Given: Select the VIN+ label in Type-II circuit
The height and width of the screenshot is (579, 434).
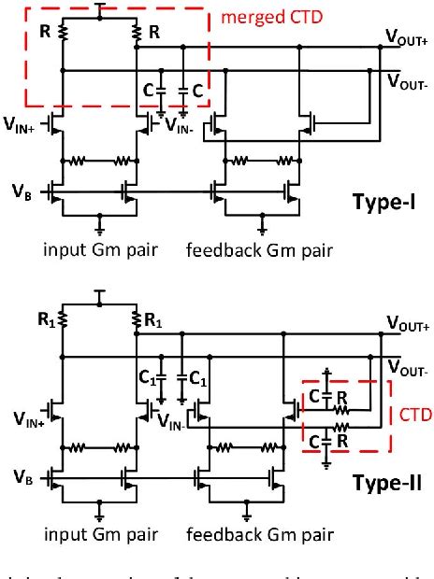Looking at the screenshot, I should point(22,409).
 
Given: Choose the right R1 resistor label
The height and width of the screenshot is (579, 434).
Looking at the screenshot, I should point(155,318).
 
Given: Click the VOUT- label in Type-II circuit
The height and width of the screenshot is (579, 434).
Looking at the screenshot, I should point(406,366).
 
